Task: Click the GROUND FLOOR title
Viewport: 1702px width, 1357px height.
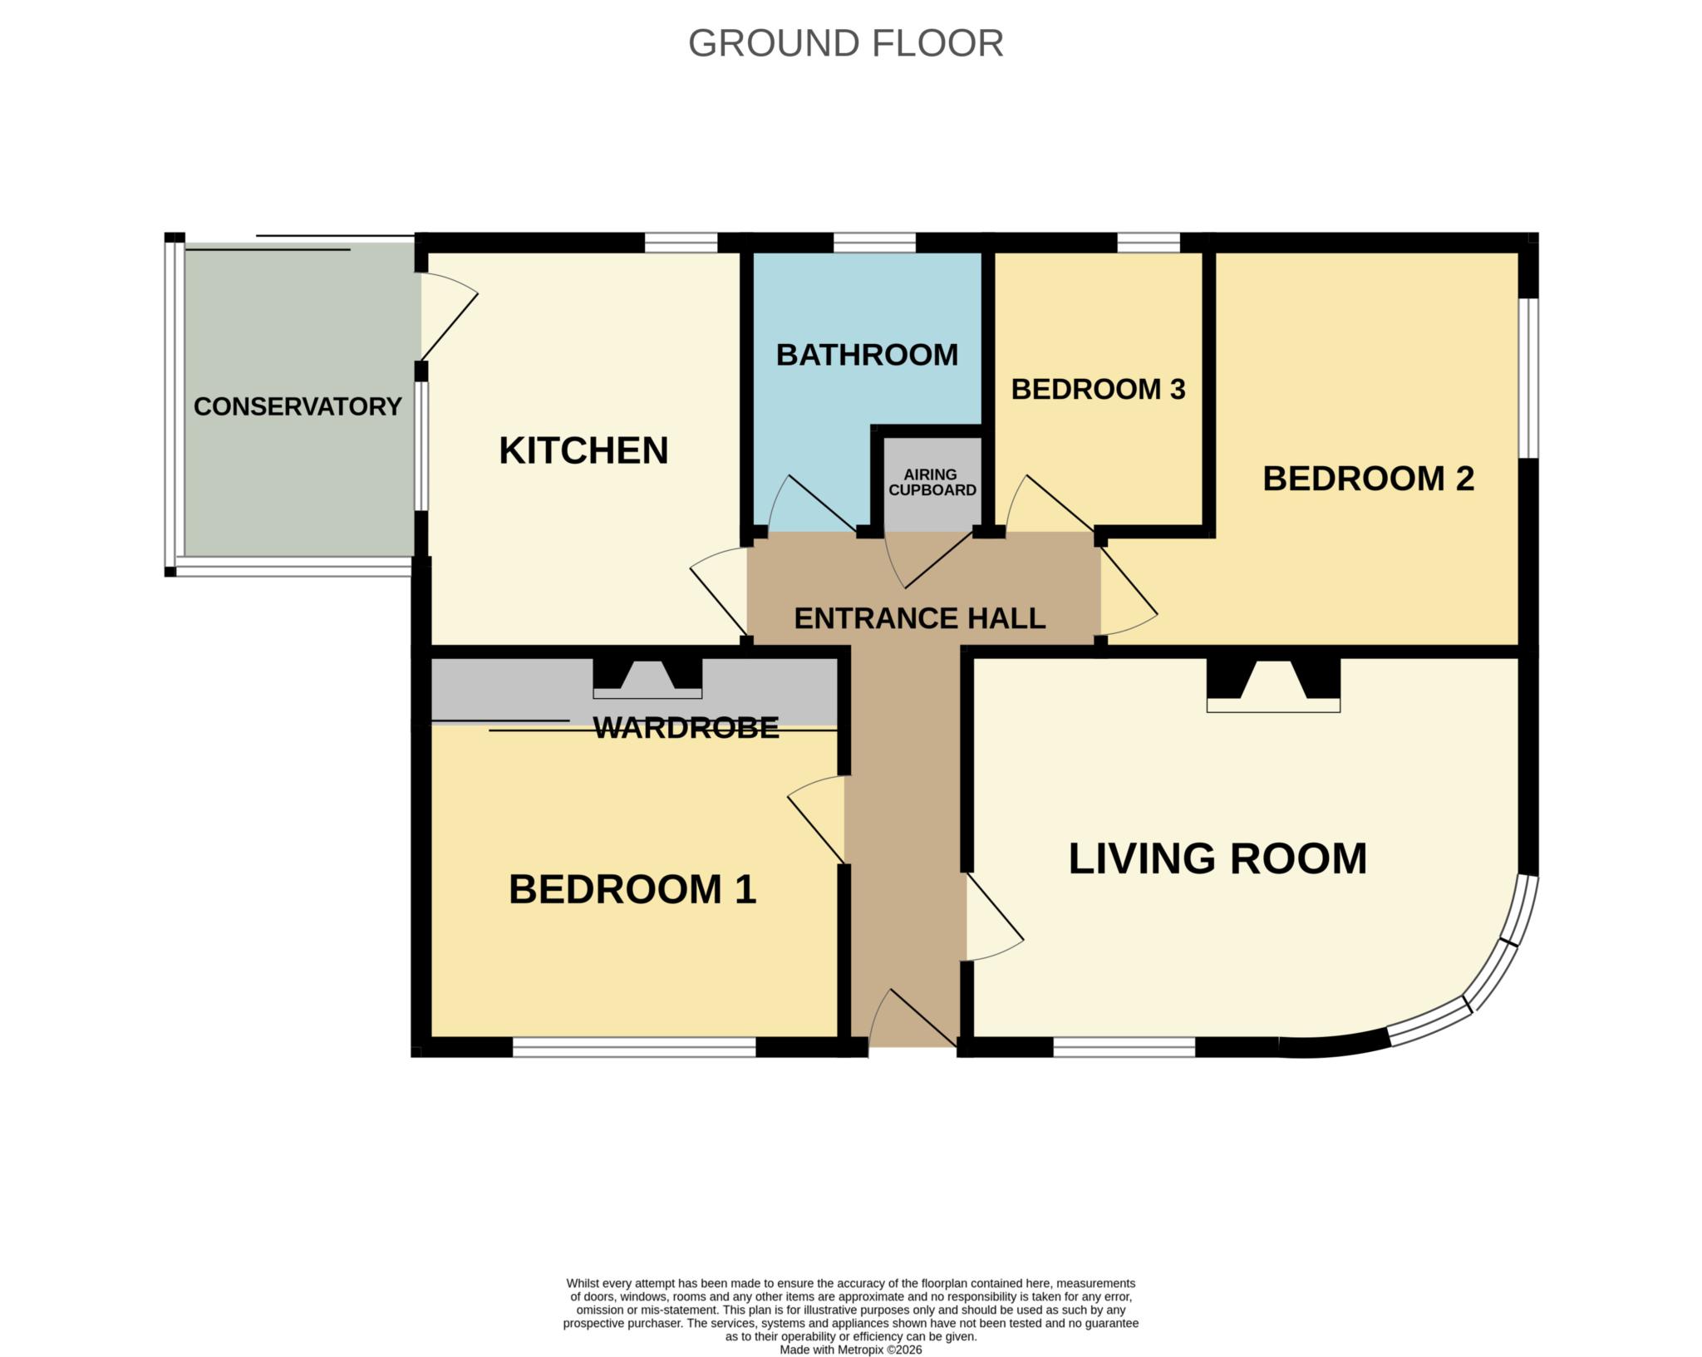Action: [846, 43]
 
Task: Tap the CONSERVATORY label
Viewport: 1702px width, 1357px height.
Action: [298, 406]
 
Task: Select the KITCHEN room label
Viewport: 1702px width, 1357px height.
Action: [583, 450]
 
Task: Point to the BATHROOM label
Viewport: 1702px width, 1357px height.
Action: [867, 355]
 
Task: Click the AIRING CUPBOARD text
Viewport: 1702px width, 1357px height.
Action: [932, 483]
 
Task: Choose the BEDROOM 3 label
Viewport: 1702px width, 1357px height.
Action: [1098, 389]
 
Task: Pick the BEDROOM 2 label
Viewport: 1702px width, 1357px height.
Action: [1368, 479]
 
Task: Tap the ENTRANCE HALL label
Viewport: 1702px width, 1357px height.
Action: [919, 618]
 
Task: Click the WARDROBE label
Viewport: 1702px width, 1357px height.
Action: [686, 728]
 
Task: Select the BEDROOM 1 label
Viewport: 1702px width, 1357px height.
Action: [632, 889]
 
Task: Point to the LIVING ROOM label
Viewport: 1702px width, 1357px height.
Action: [1217, 858]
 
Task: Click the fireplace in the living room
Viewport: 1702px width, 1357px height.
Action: [1273, 685]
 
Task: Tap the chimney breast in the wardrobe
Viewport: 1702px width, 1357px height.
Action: [647, 678]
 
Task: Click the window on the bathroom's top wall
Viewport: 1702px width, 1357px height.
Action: [874, 243]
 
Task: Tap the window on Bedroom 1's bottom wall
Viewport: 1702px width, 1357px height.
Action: [634, 1047]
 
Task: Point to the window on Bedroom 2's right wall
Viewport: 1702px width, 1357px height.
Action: [1528, 377]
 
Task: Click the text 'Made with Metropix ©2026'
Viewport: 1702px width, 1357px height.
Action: [850, 1350]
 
